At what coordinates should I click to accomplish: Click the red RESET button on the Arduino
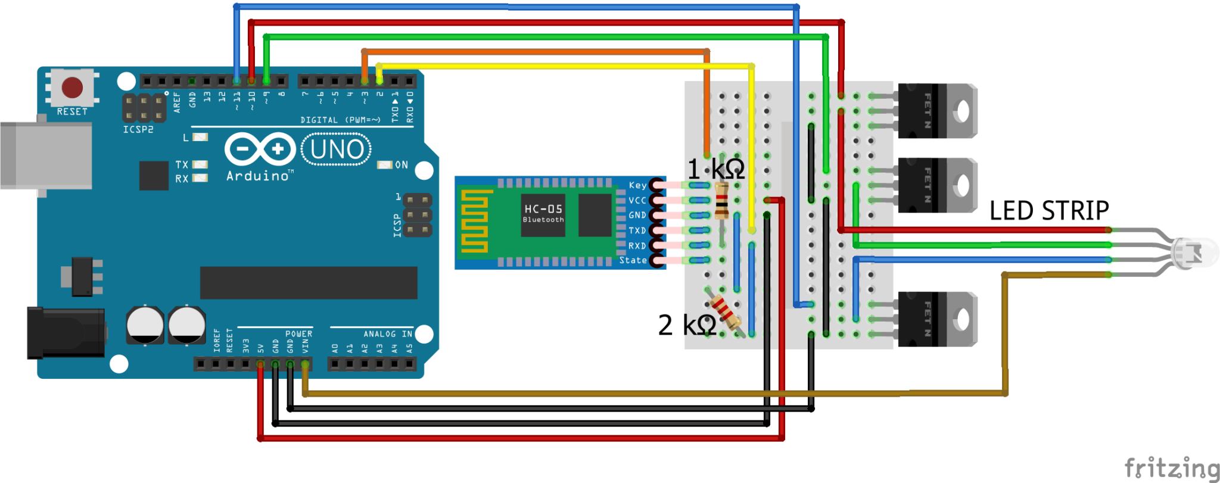coord(72,88)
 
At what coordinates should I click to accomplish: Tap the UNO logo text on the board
coord(337,149)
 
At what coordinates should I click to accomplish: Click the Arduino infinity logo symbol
coord(260,149)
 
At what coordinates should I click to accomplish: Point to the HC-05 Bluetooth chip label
coord(543,213)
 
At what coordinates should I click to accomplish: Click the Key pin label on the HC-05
coord(637,185)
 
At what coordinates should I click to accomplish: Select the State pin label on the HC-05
coord(633,260)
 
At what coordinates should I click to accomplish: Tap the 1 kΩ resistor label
coord(715,169)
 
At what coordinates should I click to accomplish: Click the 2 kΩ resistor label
coord(687,325)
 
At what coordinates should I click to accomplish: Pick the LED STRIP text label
coord(1049,211)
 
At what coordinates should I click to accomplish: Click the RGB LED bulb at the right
coord(1194,253)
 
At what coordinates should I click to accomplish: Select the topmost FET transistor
coord(937,111)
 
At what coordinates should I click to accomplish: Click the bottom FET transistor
coord(937,319)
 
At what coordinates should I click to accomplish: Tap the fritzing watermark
coord(1171,468)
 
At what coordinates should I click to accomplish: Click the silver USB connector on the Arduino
coord(46,155)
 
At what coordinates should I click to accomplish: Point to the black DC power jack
coord(66,333)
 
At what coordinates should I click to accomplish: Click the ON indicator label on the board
coord(402,165)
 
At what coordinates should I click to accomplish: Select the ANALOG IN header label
coord(388,334)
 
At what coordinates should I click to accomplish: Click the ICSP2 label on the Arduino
coord(138,129)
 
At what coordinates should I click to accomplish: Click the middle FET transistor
coord(937,185)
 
